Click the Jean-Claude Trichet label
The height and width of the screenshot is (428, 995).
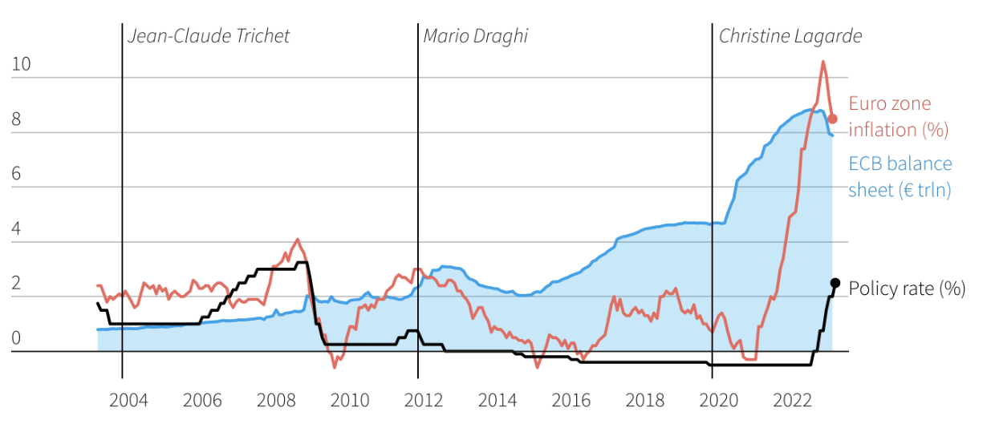[x=209, y=36]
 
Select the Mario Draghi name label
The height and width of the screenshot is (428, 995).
[x=475, y=36]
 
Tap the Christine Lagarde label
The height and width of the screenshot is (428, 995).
[x=790, y=36]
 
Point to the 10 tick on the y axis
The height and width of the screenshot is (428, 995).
[x=21, y=65]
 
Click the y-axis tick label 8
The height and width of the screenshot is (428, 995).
[x=16, y=119]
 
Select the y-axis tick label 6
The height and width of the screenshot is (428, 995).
[x=16, y=174]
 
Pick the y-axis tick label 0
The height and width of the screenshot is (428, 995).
[x=16, y=338]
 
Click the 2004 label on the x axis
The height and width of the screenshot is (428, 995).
[x=128, y=400]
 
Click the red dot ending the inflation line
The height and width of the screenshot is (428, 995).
[x=832, y=119]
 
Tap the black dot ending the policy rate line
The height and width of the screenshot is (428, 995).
[x=835, y=283]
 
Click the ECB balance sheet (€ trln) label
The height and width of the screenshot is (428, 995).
[x=900, y=176]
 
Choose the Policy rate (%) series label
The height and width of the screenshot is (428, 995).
[x=907, y=289]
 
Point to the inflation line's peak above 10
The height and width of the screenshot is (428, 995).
[x=822, y=62]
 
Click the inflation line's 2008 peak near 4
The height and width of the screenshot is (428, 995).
[x=298, y=239]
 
